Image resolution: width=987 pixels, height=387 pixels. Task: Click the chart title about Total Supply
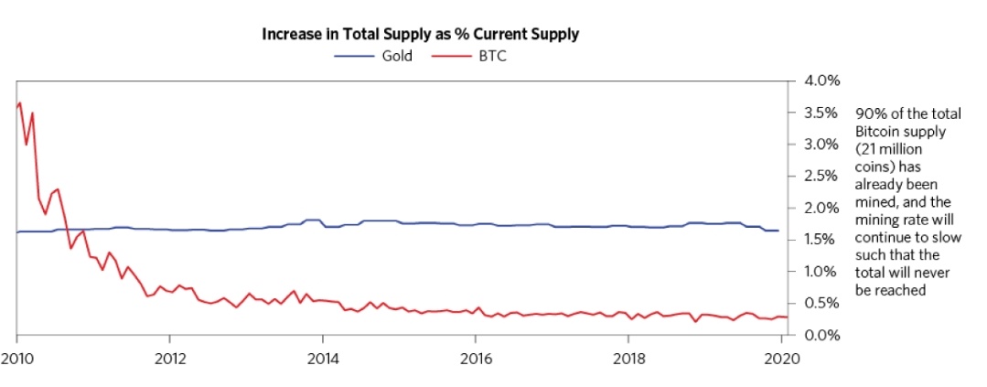421,35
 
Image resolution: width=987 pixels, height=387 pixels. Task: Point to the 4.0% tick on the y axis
821,81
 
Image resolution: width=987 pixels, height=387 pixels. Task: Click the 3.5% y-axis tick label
821,113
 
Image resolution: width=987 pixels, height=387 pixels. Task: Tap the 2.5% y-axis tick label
821,177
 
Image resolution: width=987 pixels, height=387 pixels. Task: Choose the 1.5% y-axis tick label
821,240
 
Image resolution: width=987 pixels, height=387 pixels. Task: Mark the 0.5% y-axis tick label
821,303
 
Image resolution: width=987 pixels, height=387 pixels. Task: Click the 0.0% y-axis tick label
821,335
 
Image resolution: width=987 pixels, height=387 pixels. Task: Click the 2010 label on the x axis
16,357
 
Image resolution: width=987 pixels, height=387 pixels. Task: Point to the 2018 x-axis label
628,357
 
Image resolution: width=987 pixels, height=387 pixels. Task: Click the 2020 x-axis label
780,357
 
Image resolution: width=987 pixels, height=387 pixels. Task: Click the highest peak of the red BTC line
20,102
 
